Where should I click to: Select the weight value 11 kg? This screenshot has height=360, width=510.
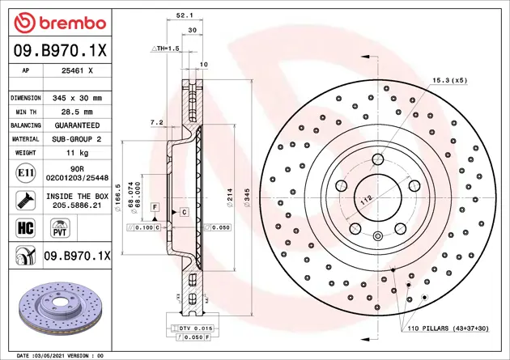(77, 152)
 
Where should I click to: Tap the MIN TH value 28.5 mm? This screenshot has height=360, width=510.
(77, 112)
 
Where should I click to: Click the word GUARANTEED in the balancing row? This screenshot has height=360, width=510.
(77, 125)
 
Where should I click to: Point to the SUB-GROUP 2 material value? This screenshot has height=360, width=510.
(77, 139)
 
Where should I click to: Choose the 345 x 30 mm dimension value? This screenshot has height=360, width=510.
(77, 98)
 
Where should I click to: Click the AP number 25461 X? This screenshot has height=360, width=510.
(77, 70)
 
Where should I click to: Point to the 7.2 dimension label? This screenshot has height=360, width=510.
(157, 122)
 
